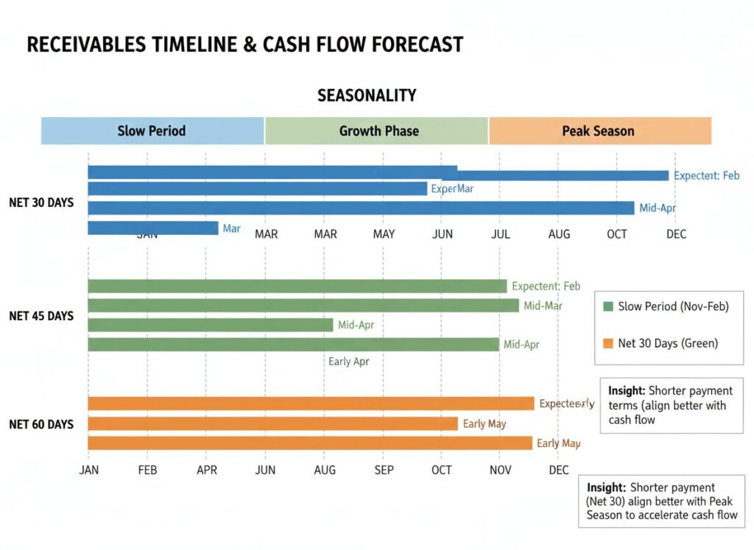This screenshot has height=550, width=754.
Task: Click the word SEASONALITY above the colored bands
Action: [x=367, y=96]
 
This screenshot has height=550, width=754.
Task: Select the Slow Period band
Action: [x=152, y=131]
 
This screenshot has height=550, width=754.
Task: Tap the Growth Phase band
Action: [x=378, y=131]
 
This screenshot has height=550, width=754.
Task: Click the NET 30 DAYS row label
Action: [x=41, y=202]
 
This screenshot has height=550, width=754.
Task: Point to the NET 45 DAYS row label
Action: [x=41, y=316]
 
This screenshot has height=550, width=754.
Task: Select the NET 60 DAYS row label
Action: [x=41, y=424]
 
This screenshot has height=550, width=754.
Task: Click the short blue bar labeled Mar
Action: [x=153, y=228]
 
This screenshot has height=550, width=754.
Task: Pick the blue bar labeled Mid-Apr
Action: [x=361, y=208]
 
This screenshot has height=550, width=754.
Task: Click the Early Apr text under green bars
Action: [x=349, y=362]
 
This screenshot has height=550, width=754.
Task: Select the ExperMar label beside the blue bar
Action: [x=452, y=188]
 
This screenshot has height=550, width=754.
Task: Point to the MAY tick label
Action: [x=384, y=234]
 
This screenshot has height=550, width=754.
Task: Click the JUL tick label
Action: [x=500, y=234]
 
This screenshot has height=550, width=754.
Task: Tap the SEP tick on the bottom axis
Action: [x=384, y=470]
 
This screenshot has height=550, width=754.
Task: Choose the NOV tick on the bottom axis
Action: [x=500, y=470]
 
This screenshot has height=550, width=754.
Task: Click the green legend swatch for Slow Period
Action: [x=607, y=306]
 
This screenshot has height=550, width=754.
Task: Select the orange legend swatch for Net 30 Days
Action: [x=607, y=343]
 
